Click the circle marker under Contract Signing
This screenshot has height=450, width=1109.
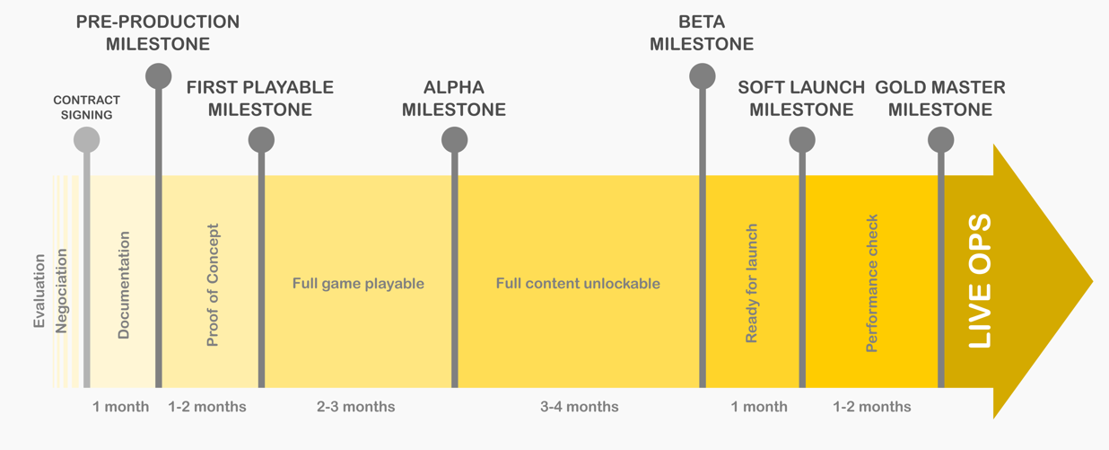87,140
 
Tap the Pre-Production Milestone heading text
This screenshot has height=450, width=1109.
158,32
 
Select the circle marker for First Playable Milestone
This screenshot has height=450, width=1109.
261,140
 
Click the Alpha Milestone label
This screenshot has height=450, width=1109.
453,98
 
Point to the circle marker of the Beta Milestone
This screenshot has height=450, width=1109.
702,76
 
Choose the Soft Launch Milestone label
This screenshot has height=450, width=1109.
801,98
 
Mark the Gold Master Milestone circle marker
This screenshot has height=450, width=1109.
940,140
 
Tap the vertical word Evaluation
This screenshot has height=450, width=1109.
39,291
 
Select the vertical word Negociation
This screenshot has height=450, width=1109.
61,291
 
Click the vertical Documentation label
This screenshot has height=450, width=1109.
123,285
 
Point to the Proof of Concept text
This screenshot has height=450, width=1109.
213,285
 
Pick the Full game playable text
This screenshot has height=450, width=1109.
358,284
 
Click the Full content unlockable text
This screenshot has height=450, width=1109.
578,284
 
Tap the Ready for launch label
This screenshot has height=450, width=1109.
752,284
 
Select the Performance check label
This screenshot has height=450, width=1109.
872,284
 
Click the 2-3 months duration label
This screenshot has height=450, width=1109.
356,407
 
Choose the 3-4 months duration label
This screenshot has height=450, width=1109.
580,407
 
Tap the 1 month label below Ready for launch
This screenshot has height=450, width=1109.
759,407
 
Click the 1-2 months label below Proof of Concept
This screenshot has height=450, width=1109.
207,407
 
